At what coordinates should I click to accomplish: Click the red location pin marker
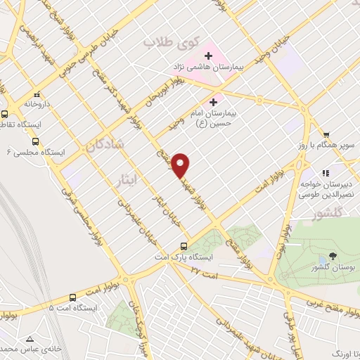[x=181, y=165]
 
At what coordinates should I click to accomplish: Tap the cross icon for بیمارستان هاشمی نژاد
[x=208, y=56]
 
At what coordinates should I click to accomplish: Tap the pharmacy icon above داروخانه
[x=37, y=94]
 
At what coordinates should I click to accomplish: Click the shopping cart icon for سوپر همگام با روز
[x=326, y=136]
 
